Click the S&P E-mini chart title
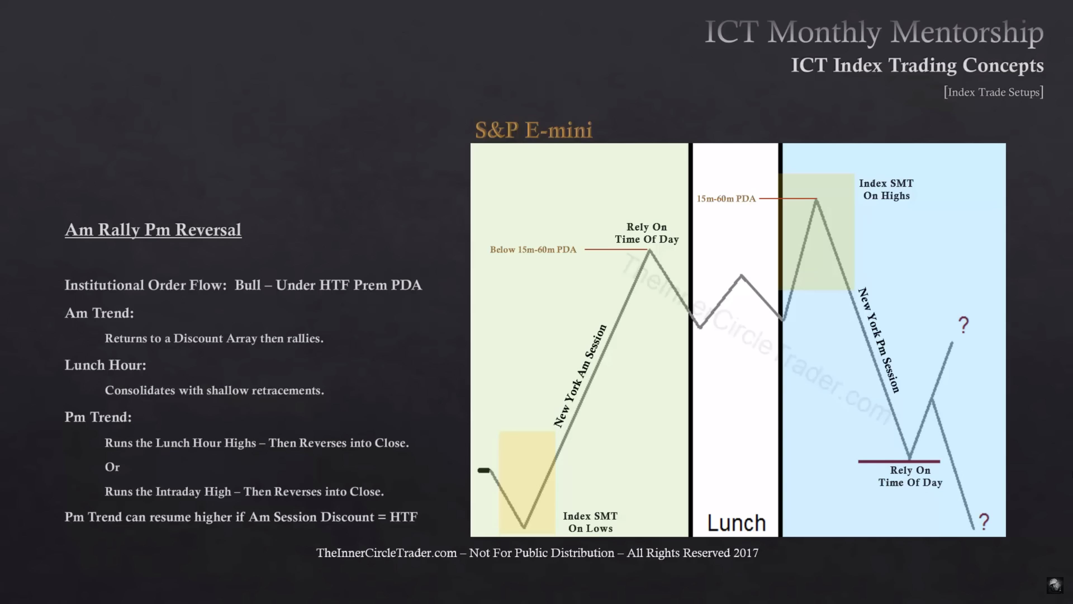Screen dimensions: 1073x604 [x=534, y=130]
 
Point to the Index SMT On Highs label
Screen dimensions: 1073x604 [x=886, y=189]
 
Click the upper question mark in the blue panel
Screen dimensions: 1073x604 [x=964, y=325]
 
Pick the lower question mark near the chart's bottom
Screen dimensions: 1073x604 [x=984, y=522]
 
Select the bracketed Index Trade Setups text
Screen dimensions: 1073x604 [x=993, y=92]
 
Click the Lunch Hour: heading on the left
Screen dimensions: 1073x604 [x=105, y=365]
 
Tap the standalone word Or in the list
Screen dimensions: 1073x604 [x=112, y=467]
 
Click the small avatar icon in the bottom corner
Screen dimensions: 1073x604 [x=1055, y=585]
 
